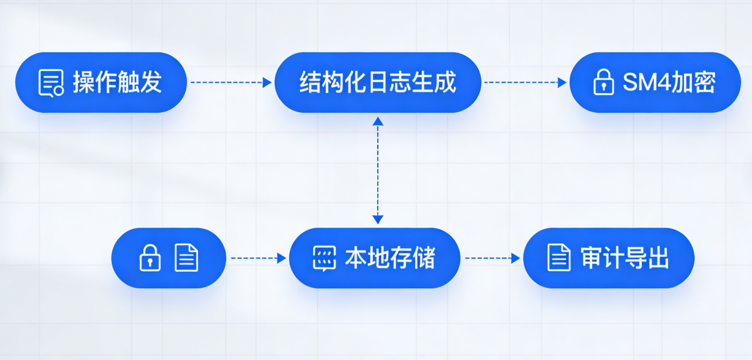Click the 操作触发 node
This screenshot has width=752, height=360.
pos(101,82)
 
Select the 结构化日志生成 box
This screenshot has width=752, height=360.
pos(378,82)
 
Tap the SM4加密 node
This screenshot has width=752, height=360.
pos(655,82)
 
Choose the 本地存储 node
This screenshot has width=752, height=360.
pos(374,258)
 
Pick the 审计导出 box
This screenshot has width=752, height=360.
pos(609,258)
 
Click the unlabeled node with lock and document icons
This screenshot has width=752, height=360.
pos(169,258)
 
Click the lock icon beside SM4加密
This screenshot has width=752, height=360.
pos(603,82)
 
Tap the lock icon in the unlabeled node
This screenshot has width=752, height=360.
pos(150,258)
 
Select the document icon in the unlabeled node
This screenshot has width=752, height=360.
pos(186,258)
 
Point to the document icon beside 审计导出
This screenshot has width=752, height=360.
pos(558,258)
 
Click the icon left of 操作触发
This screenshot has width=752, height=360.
pos(51,83)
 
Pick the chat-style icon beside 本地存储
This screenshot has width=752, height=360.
pos(325,258)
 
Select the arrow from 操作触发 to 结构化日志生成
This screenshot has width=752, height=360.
pos(231,82)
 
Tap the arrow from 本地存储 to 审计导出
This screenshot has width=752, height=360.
pos(492,258)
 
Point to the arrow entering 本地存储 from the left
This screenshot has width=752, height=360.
pos(258,258)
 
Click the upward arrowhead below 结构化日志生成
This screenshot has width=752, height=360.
pos(378,121)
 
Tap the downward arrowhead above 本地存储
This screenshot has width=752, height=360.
pos(378,219)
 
